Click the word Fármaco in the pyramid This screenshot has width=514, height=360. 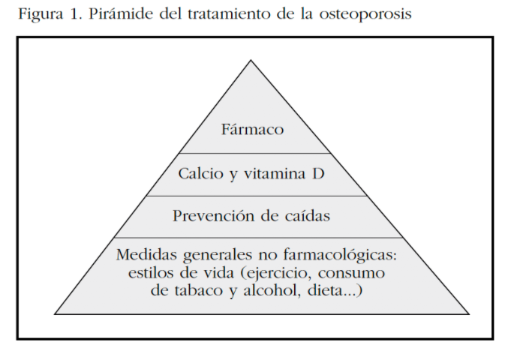click(252, 129)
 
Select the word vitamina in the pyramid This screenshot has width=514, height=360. click(275, 173)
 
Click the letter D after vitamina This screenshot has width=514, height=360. click(318, 173)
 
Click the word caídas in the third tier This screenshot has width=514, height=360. click(307, 216)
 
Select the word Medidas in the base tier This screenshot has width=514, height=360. click(146, 254)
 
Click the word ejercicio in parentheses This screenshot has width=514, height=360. click(276, 273)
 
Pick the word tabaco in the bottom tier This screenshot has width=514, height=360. click(199, 290)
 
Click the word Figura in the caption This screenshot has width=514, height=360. click(41, 14)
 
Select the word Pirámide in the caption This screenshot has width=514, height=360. click(121, 13)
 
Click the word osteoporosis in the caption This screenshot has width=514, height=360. click(365, 15)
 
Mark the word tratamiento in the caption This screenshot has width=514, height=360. click(230, 13)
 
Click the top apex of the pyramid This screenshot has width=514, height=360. click(251, 60)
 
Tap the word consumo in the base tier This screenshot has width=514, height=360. click(351, 273)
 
